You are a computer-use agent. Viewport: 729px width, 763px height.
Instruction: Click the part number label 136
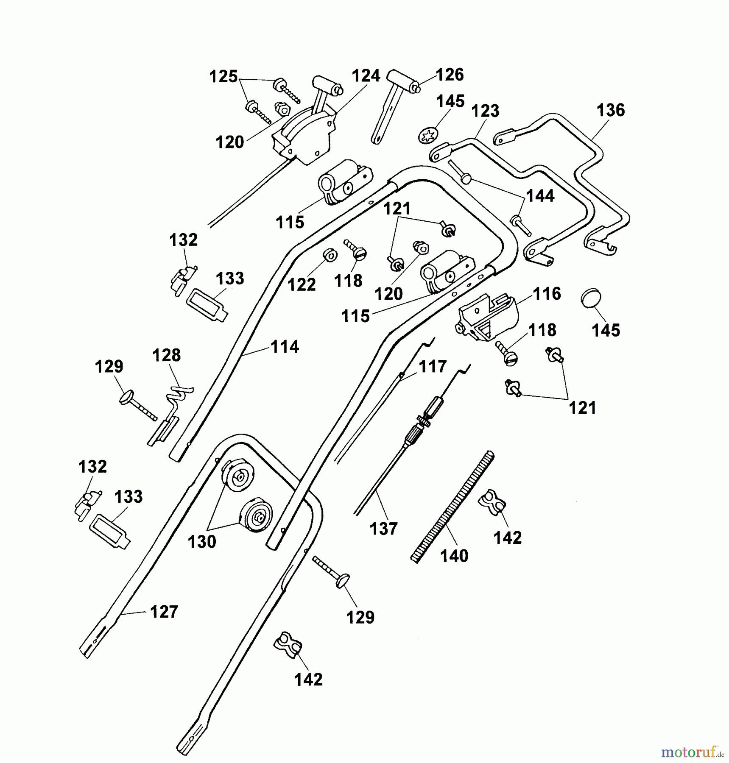coord(610,111)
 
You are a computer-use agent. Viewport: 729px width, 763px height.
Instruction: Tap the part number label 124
coord(366,76)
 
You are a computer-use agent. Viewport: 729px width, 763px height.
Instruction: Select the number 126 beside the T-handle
coord(450,75)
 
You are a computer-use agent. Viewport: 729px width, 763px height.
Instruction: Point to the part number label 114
coord(285,347)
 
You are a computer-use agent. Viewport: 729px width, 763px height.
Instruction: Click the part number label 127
coord(164,612)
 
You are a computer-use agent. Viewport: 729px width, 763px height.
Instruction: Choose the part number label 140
coord(454,556)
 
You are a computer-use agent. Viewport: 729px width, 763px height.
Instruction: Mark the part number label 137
coord(383,529)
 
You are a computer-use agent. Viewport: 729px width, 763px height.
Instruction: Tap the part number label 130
coord(202,542)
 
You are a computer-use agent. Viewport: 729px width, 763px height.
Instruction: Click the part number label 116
coord(547,294)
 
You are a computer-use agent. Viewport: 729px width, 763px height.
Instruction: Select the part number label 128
coord(167,355)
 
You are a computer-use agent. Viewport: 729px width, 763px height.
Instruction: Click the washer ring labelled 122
coord(330,256)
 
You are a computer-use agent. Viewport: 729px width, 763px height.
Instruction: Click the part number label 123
coord(485,111)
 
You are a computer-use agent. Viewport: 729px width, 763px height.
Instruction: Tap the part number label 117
coord(433,367)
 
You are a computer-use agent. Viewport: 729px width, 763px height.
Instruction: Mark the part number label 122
coord(302,285)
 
